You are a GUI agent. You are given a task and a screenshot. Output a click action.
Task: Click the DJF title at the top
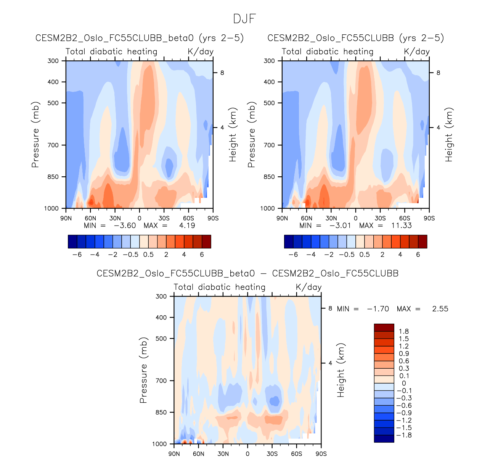coord(244,19)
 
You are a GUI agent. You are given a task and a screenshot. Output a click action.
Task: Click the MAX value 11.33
coord(402,226)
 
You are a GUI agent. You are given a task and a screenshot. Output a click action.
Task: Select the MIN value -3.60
coord(125,226)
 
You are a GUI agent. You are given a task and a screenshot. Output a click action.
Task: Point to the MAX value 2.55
coord(440,309)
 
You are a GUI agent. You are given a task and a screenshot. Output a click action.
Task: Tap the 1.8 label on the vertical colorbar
coord(404,331)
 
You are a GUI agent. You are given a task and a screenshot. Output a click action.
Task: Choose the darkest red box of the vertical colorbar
coord(384,327)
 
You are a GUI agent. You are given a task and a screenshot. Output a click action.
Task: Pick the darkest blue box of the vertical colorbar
coord(384,439)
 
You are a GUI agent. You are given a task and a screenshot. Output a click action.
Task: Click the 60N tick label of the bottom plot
coord(198,454)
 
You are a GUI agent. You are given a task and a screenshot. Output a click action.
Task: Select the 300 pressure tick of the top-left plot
coord(53,61)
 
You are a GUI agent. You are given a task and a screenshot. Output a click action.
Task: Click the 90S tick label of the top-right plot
coord(429,218)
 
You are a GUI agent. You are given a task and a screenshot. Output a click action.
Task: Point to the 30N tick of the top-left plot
coord(115,218)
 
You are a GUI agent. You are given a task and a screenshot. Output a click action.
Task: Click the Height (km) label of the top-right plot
coord(449,134)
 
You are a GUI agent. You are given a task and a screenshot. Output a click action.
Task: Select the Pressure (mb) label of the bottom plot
coord(143,370)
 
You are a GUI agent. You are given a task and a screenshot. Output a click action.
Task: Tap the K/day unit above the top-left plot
coord(201,52)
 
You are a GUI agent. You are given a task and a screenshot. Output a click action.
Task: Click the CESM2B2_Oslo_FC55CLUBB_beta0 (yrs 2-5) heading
coord(140,38)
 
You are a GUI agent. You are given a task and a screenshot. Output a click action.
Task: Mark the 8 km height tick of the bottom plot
coord(330,308)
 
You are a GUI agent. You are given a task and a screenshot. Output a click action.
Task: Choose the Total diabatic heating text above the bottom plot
coord(220,287)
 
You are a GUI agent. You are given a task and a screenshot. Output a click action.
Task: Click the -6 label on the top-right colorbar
coord(293,255)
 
